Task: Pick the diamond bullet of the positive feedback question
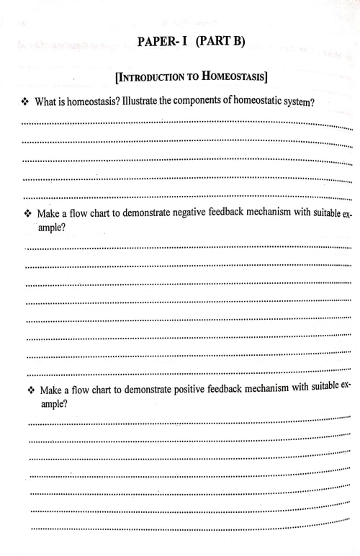[30, 392]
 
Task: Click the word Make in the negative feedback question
[50, 215]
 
